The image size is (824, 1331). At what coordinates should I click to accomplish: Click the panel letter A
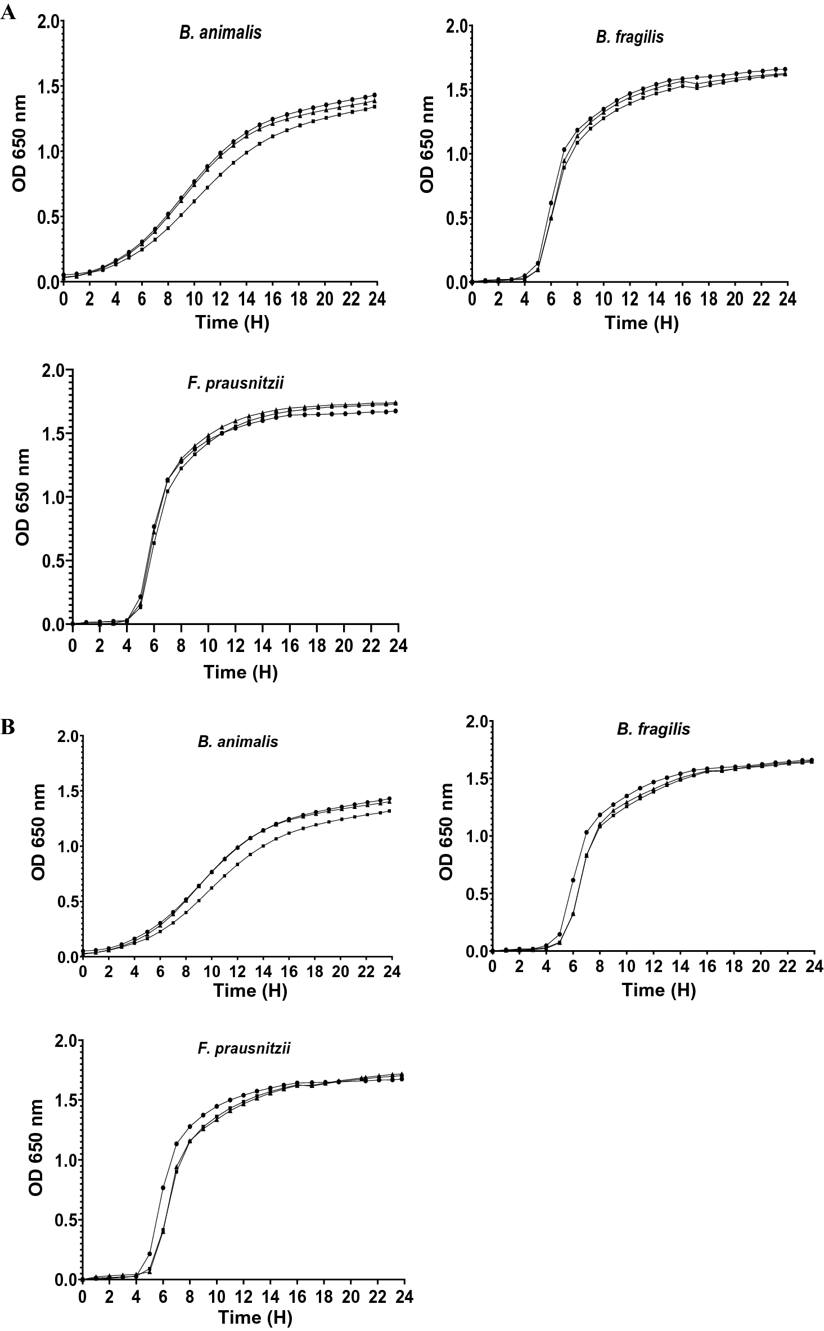click(8, 14)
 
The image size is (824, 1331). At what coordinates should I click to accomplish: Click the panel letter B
click(8, 727)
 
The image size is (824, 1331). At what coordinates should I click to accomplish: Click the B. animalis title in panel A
click(220, 33)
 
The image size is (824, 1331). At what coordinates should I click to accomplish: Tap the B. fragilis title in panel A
click(629, 37)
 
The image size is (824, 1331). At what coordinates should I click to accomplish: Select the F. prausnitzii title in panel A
click(235, 383)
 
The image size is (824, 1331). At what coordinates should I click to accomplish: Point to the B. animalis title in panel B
click(238, 741)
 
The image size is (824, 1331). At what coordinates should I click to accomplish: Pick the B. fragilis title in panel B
click(653, 729)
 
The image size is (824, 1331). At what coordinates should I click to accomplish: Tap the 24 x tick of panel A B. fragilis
click(787, 299)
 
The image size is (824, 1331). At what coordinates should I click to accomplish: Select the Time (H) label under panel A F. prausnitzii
click(240, 672)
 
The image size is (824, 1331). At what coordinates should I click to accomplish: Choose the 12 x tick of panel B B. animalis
click(238, 972)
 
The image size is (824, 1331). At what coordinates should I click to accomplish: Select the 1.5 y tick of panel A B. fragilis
click(458, 89)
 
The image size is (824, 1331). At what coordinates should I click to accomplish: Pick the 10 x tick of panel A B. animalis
click(193, 299)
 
